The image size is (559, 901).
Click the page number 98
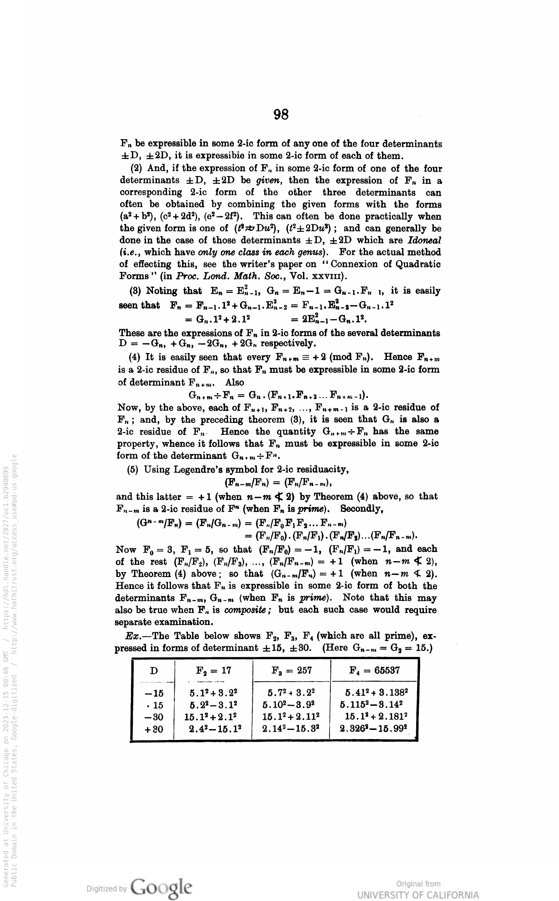(281, 115)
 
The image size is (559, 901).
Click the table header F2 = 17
(213, 670)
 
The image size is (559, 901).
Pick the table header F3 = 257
(291, 670)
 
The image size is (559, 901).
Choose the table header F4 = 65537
(374, 670)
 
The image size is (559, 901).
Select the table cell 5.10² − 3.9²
(291, 705)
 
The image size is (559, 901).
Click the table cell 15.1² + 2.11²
(291, 718)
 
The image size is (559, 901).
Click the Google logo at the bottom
(161, 888)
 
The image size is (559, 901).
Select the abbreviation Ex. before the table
(133, 635)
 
